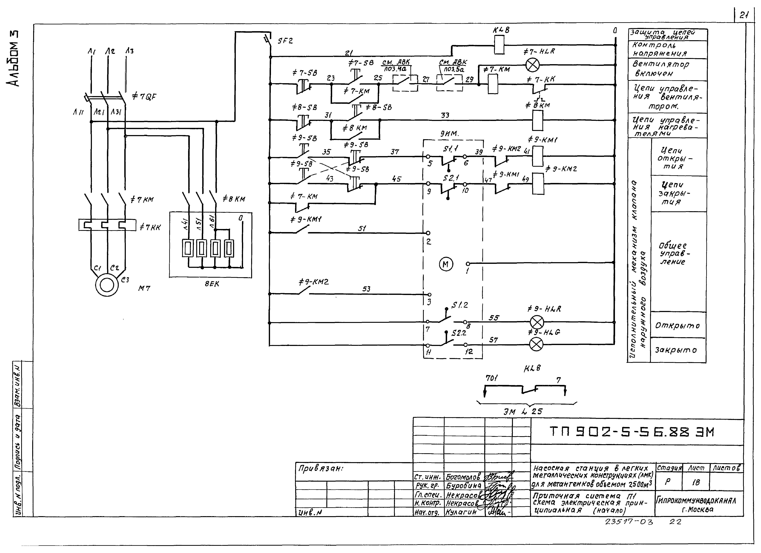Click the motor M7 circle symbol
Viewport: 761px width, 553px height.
click(x=107, y=285)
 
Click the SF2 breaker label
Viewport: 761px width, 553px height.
click(x=285, y=41)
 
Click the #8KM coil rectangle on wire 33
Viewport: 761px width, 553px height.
click(x=538, y=120)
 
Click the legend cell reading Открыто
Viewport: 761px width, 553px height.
click(x=677, y=326)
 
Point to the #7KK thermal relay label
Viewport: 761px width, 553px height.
click(x=150, y=227)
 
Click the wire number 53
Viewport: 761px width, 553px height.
click(x=366, y=289)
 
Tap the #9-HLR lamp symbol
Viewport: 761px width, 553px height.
click(x=537, y=322)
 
